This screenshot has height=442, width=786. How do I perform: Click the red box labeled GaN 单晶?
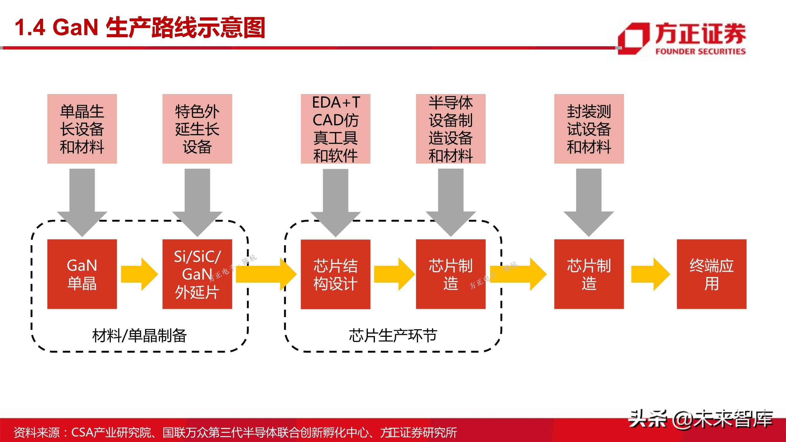click(82, 274)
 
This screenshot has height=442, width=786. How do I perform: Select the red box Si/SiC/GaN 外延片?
click(197, 274)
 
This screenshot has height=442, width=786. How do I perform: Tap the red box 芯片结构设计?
click(335, 274)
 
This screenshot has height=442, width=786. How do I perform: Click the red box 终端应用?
click(711, 274)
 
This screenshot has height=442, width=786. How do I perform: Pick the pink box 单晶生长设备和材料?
click(82, 129)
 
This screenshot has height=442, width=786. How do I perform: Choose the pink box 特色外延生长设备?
click(197, 129)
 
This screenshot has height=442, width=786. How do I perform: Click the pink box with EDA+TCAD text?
click(335, 129)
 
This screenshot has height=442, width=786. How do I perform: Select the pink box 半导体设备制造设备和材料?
click(450, 129)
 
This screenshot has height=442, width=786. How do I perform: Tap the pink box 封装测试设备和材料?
click(588, 129)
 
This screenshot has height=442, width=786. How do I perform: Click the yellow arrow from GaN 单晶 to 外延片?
click(139, 274)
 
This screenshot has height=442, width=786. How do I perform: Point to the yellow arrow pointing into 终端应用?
click(650, 274)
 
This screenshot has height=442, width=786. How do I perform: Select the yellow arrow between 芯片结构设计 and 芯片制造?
click(394, 274)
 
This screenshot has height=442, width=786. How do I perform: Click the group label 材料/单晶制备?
click(139, 336)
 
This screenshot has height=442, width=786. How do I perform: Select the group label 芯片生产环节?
click(393, 336)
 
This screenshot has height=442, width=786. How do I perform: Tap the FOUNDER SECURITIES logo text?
click(700, 51)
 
